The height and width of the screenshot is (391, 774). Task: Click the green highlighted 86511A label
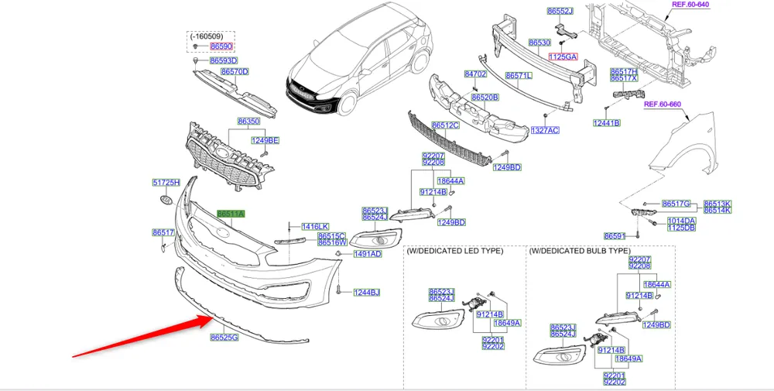click(231, 214)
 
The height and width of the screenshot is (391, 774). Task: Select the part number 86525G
click(224, 338)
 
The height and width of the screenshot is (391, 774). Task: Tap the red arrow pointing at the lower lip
click(139, 333)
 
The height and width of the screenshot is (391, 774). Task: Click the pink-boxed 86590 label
click(221, 46)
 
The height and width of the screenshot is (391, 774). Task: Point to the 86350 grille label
click(248, 122)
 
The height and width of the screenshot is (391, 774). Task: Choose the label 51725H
click(166, 183)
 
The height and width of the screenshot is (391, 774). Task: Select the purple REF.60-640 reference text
click(689, 5)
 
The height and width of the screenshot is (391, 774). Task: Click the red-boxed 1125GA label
click(564, 57)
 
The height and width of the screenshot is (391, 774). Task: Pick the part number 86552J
click(560, 12)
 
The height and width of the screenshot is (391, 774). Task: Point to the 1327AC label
click(545, 131)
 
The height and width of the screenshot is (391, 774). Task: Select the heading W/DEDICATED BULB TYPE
click(580, 251)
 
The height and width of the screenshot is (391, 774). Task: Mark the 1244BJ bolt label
click(367, 292)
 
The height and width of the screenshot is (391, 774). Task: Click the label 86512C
click(446, 125)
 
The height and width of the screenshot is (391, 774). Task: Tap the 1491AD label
click(368, 254)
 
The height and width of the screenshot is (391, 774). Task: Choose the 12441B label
click(607, 123)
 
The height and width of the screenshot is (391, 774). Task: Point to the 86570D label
click(234, 72)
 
